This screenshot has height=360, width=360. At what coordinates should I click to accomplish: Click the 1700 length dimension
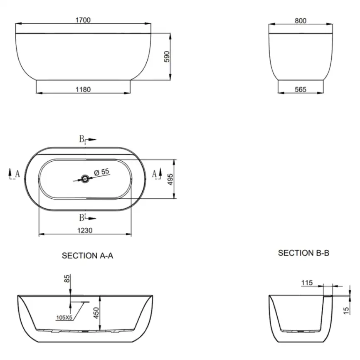click(x=83, y=20)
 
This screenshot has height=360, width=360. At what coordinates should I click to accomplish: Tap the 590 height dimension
click(x=167, y=57)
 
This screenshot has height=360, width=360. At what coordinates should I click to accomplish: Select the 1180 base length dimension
click(x=83, y=89)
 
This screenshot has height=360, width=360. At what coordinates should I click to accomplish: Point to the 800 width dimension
click(x=301, y=21)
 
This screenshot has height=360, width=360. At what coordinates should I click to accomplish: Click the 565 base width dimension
click(x=301, y=89)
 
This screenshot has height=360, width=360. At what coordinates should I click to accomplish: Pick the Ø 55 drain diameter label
click(x=102, y=172)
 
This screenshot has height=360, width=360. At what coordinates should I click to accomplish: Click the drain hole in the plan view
click(x=85, y=179)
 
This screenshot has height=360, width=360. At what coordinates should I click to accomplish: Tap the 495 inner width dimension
click(x=170, y=179)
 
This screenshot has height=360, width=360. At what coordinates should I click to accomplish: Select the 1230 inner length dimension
click(x=85, y=230)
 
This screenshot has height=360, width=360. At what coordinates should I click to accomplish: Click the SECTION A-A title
click(x=87, y=256)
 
